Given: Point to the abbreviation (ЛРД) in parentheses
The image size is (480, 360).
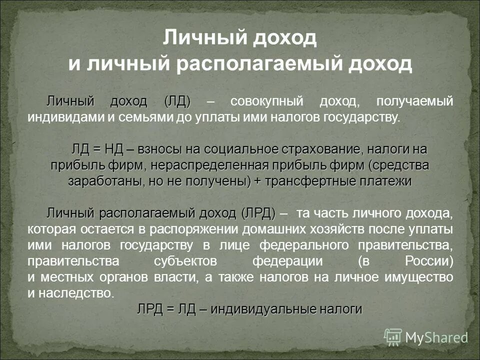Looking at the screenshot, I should click(258, 213).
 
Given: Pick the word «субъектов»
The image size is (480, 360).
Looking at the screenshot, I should click(186, 261).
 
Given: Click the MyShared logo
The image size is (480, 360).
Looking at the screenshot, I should click(426, 336).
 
